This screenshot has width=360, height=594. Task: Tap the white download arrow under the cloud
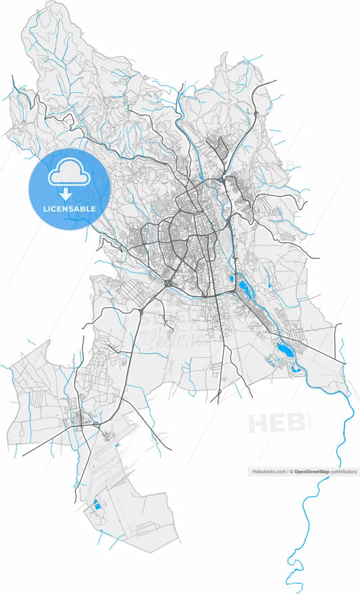tap(66, 194)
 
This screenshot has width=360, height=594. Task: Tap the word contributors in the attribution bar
tap(344, 472)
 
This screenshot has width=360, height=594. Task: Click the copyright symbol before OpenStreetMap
tap(292, 472)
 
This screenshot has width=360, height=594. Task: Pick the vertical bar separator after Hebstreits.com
tap(287, 472)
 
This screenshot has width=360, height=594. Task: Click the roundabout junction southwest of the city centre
tap(167, 283)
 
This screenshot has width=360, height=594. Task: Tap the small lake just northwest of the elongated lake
tap(232, 278)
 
